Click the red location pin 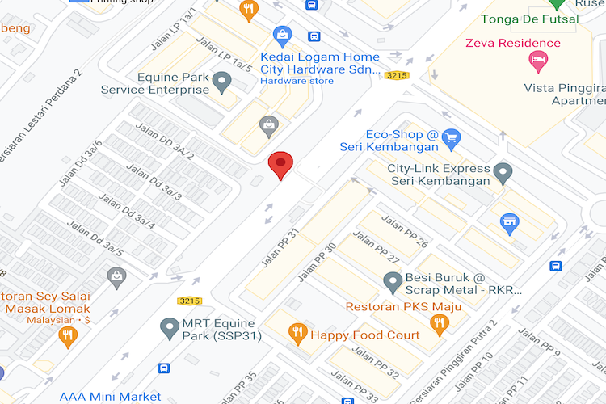[x=280, y=164]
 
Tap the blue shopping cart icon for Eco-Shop [x=451, y=137]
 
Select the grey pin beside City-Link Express [x=503, y=172]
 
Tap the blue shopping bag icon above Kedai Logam [x=282, y=34]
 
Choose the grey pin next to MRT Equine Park [x=169, y=328]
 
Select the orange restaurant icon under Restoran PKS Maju [x=440, y=323]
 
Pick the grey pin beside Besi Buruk [x=393, y=282]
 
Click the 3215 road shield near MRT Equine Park [x=188, y=301]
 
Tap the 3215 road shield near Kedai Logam [x=395, y=75]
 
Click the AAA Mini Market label [x=111, y=397]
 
